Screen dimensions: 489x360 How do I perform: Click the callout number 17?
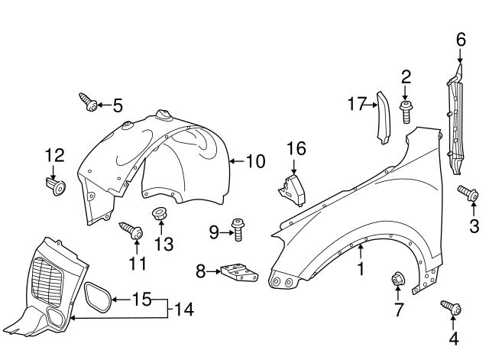pos(357,104)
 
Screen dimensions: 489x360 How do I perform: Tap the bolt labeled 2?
pos(405,112)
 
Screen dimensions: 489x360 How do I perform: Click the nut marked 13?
pos(159,213)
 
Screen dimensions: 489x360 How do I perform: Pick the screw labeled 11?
pos(131,230)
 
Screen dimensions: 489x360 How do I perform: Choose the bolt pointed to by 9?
pos(238,230)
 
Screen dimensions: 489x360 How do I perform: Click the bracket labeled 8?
pos(239,272)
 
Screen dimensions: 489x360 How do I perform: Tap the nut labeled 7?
pos(397,278)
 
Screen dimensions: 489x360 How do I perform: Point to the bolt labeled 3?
pos(468,192)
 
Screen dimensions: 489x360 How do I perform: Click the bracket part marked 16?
pos(292,190)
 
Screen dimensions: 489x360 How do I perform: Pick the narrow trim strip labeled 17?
pos(384,118)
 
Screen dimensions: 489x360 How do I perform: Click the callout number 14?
pos(183,309)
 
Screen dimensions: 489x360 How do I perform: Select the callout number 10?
pos(255,161)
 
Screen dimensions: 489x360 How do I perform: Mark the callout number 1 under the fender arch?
pos(361,268)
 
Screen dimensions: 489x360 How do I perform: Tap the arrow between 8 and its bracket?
pos(213,271)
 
